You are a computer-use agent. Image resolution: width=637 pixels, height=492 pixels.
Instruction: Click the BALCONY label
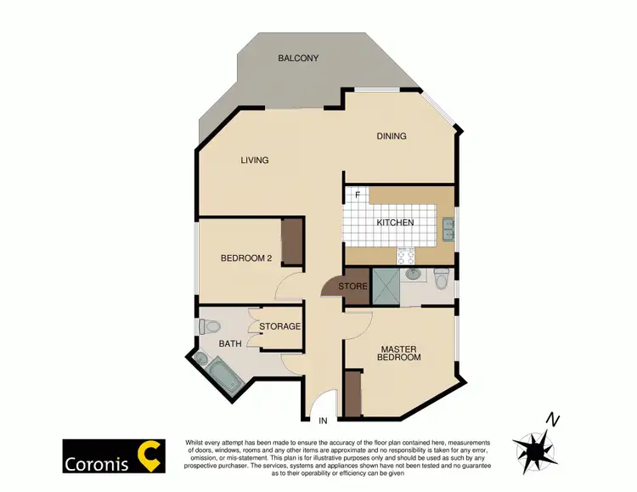[x=297, y=59]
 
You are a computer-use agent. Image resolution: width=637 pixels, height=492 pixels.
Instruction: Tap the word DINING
[x=392, y=136]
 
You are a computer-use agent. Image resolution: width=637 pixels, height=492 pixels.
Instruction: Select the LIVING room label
[x=254, y=161]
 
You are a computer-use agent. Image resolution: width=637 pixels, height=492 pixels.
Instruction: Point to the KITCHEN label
[x=395, y=223]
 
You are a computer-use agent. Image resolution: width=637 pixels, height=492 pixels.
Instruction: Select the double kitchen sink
[x=448, y=228]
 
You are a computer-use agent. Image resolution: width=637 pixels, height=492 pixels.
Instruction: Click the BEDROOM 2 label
[x=245, y=259]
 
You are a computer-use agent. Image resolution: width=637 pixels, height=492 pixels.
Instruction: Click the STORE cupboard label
[x=352, y=286]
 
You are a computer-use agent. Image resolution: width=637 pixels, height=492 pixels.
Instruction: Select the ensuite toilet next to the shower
[x=441, y=280]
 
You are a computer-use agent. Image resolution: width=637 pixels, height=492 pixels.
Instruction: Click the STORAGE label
[x=279, y=326]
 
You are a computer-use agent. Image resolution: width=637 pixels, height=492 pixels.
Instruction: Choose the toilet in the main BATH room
[x=209, y=325]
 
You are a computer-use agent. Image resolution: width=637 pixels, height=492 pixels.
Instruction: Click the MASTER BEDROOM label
[x=399, y=353]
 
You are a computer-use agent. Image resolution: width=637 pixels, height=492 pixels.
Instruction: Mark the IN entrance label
[x=323, y=421]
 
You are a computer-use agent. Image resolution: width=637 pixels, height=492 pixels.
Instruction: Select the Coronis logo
[x=113, y=456]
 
